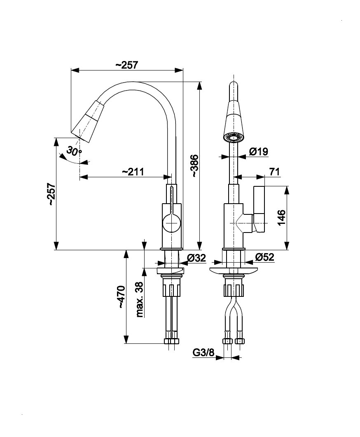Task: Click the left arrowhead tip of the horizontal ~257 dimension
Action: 71,70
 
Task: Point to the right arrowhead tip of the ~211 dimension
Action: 171,177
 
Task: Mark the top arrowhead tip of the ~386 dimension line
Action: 199,82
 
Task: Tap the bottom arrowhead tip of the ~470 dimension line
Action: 126,343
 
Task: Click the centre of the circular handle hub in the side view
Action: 171,223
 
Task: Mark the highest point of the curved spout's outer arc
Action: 131,82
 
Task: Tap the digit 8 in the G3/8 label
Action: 211,353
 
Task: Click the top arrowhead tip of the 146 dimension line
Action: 287,186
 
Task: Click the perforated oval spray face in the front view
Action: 234,137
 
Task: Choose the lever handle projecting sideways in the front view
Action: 259,209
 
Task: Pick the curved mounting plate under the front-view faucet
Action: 233,270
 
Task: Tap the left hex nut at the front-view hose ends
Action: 227,341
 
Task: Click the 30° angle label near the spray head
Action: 74,151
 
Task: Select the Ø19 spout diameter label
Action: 259,152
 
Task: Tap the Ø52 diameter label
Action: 264,257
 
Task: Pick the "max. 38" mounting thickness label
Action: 140,300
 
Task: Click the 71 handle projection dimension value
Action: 274,172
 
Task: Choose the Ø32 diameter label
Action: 196,258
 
